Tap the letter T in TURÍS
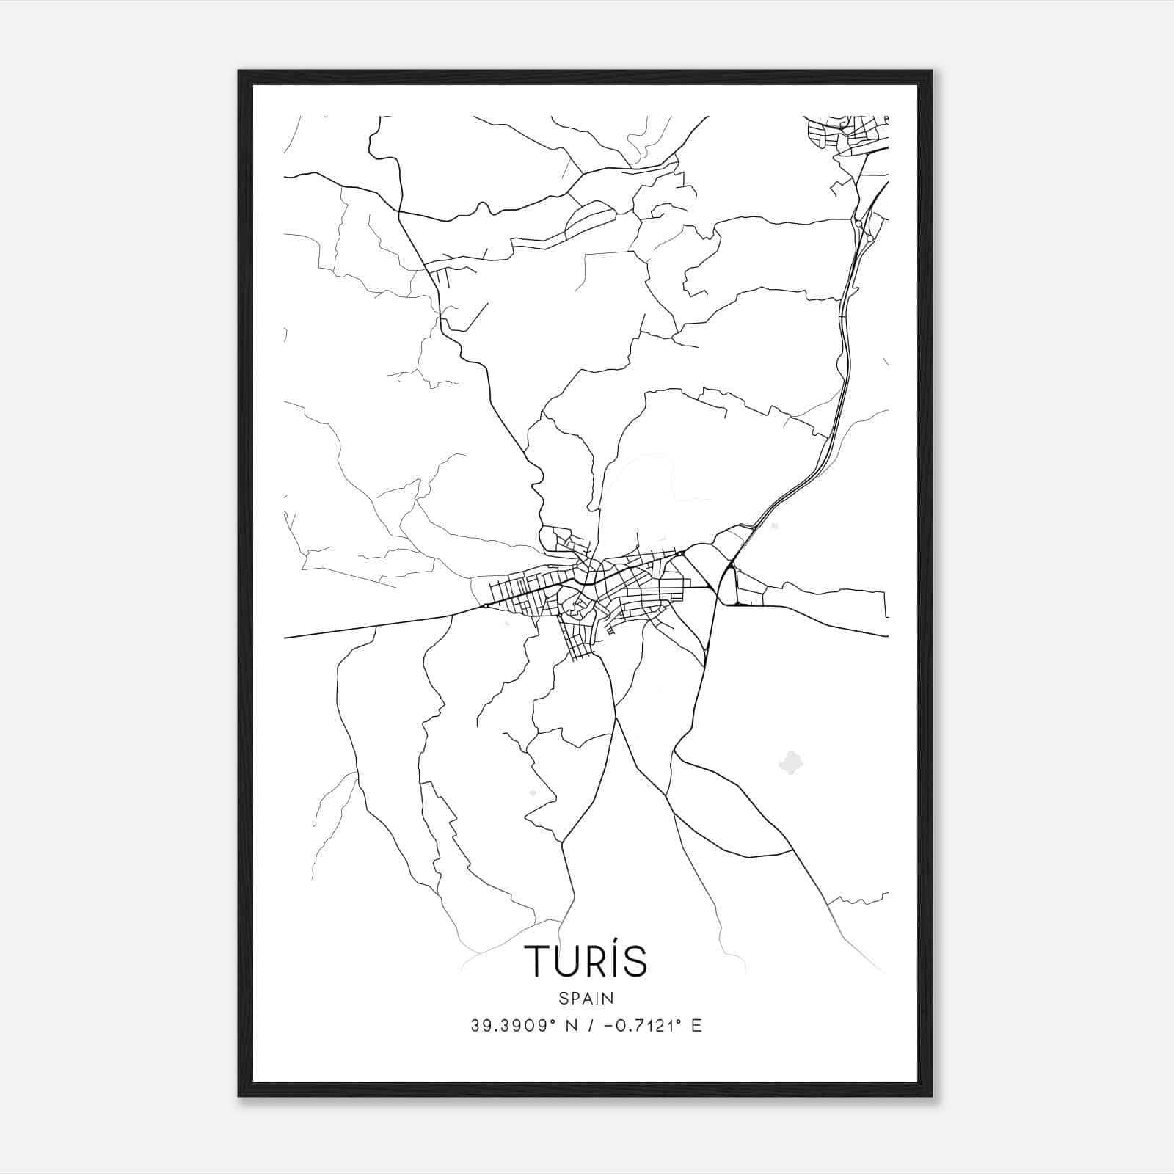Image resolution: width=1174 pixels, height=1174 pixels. pos(535,961)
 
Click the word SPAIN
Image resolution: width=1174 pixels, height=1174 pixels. pos(586,998)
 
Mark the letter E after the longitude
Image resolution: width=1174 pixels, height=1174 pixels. pos(696,1026)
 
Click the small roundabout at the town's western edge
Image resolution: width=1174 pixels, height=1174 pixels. pos(486,606)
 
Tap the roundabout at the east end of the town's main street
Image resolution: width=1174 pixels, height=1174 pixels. pos(682,553)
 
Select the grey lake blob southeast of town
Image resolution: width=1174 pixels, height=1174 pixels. pos(790,762)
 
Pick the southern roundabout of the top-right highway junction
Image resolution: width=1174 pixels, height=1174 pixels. pos(869,238)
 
